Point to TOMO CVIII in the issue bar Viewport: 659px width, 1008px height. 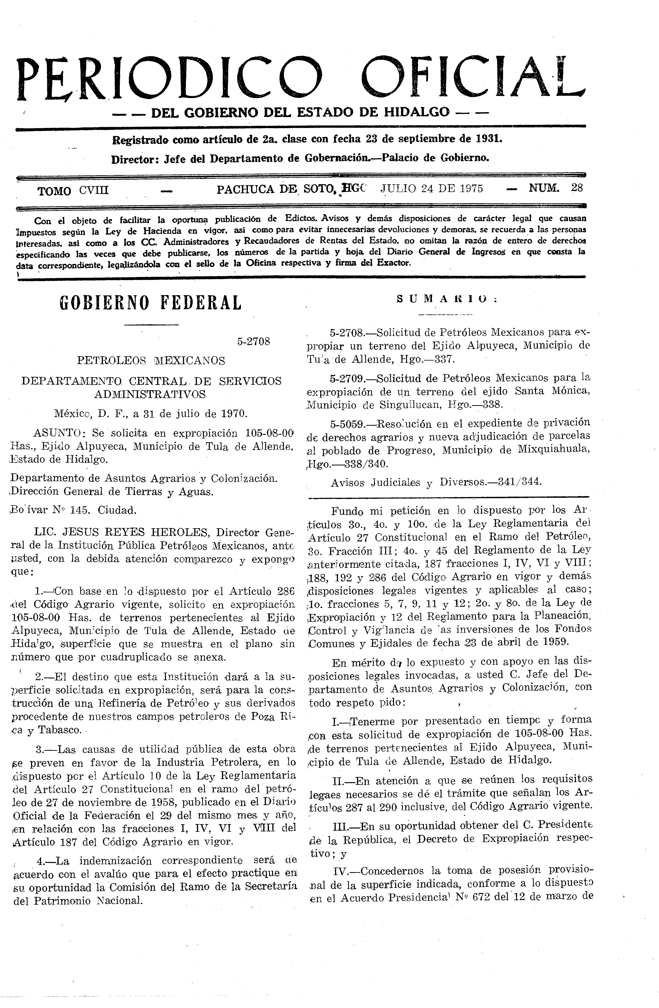tap(73, 191)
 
